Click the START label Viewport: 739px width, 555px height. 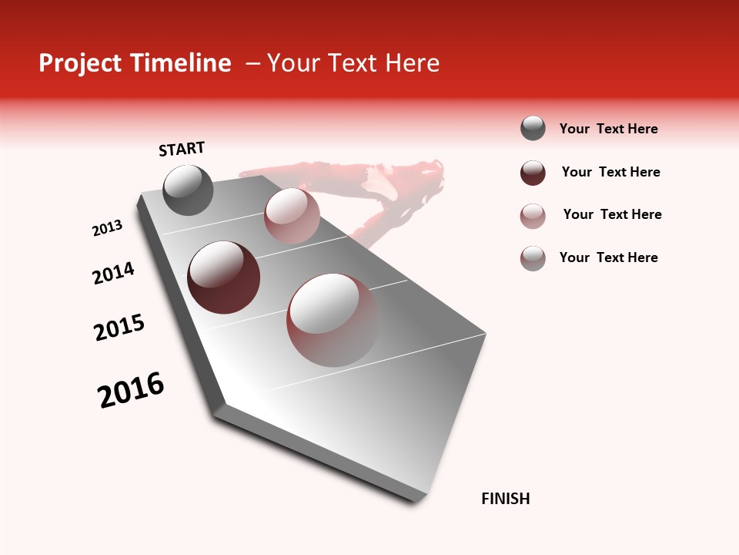click(x=182, y=149)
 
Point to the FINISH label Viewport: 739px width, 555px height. click(x=505, y=499)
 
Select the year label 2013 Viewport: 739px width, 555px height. click(x=107, y=228)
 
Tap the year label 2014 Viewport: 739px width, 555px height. click(x=113, y=273)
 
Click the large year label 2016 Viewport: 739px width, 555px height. click(x=131, y=390)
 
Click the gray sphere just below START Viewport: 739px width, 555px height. click(x=188, y=190)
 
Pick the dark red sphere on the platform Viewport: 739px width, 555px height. click(x=223, y=277)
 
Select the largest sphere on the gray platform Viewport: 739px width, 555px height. click(x=333, y=320)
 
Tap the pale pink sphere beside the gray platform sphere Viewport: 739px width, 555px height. click(x=292, y=215)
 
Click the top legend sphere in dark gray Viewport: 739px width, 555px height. click(x=533, y=128)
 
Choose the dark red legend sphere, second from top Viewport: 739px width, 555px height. click(x=533, y=173)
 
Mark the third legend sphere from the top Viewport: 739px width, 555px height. click(x=533, y=216)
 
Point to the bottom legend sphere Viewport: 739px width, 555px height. click(x=533, y=258)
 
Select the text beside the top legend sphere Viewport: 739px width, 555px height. click(x=608, y=129)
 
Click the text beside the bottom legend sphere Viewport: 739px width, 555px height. click(x=608, y=257)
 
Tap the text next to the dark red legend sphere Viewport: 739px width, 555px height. click(x=610, y=172)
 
